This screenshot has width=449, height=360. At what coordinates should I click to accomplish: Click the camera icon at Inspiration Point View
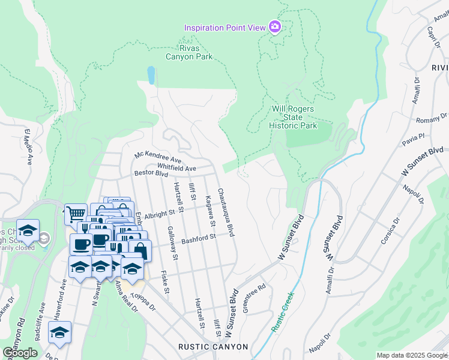coord(275,27)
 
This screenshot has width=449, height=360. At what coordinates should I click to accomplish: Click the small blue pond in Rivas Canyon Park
coord(151,74)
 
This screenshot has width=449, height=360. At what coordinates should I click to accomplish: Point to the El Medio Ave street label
coord(27,146)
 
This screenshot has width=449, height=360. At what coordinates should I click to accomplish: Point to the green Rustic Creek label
coord(282,312)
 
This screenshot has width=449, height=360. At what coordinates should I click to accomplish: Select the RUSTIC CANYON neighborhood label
coord(212,347)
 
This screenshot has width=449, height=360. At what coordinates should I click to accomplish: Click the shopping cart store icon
coord(76,213)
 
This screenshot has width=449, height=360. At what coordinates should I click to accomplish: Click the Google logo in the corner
coord(20,353)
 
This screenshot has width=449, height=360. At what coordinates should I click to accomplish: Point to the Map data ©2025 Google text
coord(411,355)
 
